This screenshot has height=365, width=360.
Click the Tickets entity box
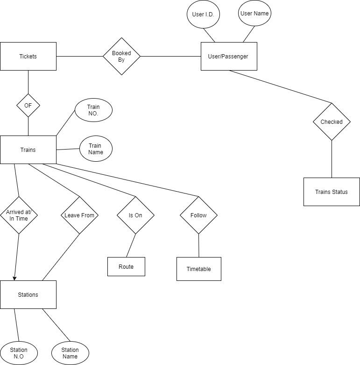(x=28, y=56)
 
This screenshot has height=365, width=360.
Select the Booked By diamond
(x=121, y=56)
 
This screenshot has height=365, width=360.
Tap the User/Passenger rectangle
(x=228, y=56)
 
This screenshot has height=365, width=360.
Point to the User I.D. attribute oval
(x=203, y=14)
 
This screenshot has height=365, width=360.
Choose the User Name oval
(x=254, y=14)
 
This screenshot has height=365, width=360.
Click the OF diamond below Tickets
(x=28, y=106)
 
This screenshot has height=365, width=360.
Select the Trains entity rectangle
(x=28, y=150)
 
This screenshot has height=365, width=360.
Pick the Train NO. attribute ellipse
(x=93, y=110)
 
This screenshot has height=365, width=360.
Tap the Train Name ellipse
(x=96, y=149)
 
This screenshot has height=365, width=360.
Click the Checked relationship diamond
(x=332, y=122)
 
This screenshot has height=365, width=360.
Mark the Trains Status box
(x=332, y=192)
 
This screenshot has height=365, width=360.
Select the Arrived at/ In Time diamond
(x=19, y=215)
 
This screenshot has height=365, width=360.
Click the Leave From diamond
(x=79, y=215)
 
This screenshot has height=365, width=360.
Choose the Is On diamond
(x=135, y=215)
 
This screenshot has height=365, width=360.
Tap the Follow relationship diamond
(x=199, y=215)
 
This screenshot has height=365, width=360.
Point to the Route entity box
(x=126, y=266)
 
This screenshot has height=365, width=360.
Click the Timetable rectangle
(x=198, y=269)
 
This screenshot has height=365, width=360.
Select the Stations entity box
(x=28, y=294)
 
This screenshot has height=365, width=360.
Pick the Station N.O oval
(x=19, y=353)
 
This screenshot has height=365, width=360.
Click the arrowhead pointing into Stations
(x=14, y=278)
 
